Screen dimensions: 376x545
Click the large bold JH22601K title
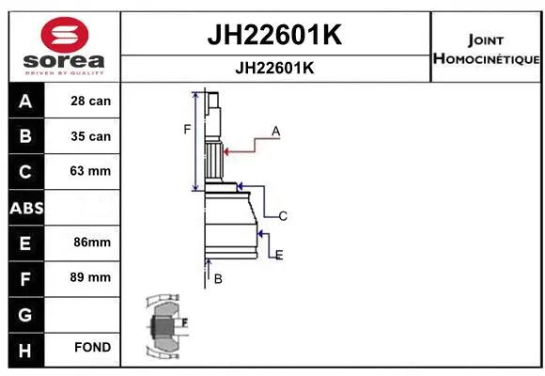click(x=273, y=35)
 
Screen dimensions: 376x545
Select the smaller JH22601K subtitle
click(x=273, y=69)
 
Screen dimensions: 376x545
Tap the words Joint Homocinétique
click(x=485, y=50)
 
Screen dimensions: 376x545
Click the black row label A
click(x=25, y=101)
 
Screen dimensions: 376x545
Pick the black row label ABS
click(x=25, y=207)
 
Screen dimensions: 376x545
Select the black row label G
click(x=25, y=312)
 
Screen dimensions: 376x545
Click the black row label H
click(x=25, y=348)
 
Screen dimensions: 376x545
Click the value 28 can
click(x=90, y=101)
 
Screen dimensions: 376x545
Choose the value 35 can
click(x=90, y=136)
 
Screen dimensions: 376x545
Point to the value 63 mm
click(x=90, y=171)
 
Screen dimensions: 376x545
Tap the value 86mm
click(x=90, y=243)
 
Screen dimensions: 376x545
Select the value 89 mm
click(x=90, y=277)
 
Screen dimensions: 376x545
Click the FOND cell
click(x=92, y=348)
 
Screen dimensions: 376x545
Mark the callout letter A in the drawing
click(x=276, y=132)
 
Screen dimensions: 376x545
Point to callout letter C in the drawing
click(x=282, y=216)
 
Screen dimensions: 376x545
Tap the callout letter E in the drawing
click(x=279, y=255)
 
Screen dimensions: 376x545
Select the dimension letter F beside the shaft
click(x=187, y=129)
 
